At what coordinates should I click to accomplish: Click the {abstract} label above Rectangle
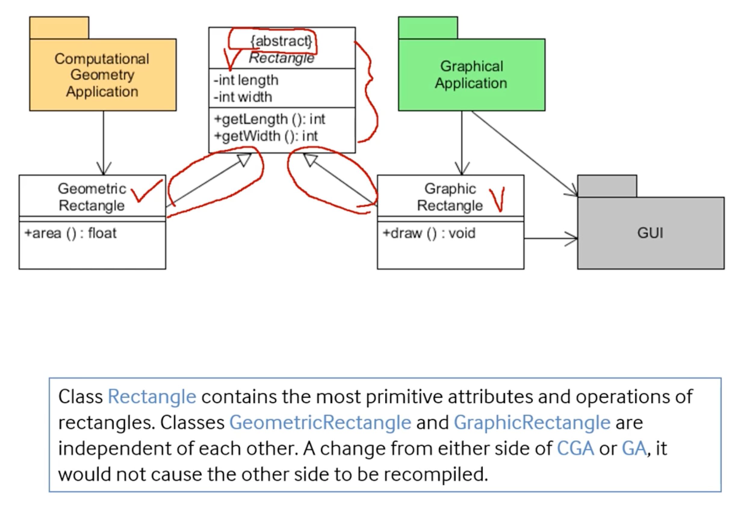281,41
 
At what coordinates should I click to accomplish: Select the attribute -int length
246,80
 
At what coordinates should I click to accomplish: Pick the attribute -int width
243,97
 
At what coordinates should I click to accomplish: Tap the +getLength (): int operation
270,119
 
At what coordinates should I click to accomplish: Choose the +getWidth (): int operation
266,136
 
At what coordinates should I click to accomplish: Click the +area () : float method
70,233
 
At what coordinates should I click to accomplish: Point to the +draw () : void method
429,233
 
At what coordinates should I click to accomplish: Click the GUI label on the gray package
650,233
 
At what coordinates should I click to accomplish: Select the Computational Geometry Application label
102,75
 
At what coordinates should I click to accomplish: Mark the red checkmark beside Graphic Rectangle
497,199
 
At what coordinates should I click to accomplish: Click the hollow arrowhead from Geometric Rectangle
245,160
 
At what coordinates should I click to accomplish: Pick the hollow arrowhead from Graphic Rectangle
310,160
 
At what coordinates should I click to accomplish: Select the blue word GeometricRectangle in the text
320,422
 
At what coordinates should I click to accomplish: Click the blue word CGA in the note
575,448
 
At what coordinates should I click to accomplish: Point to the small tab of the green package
428,28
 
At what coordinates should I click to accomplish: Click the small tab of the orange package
59,28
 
